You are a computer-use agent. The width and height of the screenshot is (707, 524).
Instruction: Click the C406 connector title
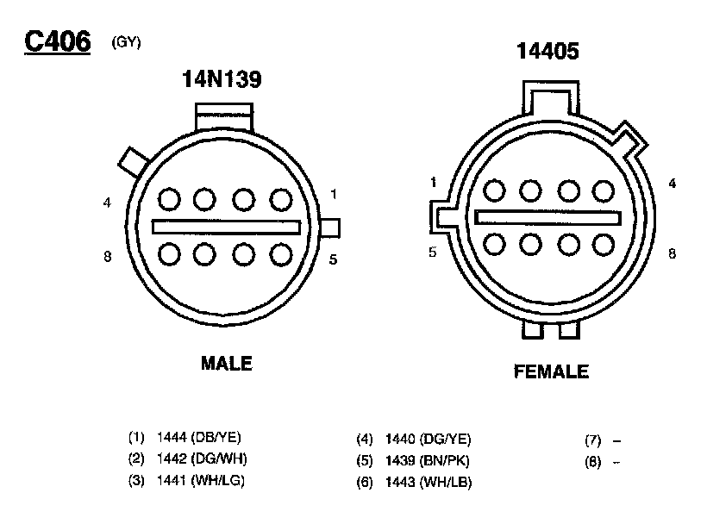pos(57,41)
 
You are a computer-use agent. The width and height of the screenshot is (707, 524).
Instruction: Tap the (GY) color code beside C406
pos(126,42)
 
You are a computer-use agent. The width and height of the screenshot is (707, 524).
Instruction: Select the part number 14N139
pos(222,78)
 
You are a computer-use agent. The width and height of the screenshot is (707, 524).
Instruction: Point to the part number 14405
pos(547,51)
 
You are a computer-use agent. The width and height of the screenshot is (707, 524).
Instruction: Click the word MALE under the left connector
pos(227,363)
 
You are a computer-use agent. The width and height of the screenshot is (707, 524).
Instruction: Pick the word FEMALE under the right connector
pos(551,371)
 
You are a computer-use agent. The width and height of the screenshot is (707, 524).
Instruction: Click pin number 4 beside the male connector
pos(107,203)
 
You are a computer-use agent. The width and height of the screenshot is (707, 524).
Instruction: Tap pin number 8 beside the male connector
pos(107,256)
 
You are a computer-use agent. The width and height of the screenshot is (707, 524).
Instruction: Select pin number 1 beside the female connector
pos(434,182)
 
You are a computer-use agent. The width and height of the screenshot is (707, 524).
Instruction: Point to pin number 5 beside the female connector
pos(433,252)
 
